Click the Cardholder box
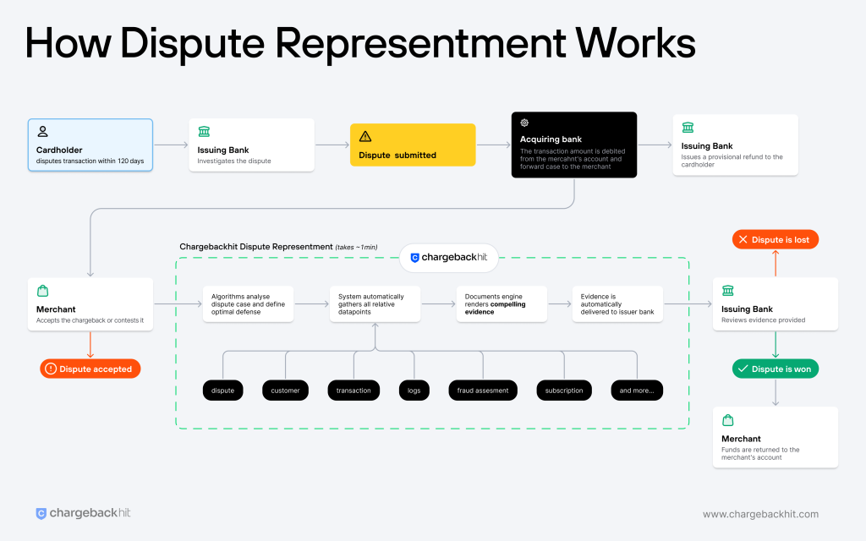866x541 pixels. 90,145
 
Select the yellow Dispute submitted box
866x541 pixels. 413,145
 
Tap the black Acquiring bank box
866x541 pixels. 573,145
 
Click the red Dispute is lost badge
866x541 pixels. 774,239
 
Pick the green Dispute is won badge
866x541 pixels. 775,369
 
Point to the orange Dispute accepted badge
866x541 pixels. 90,369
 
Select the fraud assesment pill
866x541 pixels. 482,390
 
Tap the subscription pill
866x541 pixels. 564,390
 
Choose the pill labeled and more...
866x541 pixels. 637,390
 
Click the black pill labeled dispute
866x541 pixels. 223,390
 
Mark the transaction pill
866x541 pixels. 354,390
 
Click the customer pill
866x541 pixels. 286,390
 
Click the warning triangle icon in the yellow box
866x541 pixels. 365,136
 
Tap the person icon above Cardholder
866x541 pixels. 43,132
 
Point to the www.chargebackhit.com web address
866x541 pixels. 760,514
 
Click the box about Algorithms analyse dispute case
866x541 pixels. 248,303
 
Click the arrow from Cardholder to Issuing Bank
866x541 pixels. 170,145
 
